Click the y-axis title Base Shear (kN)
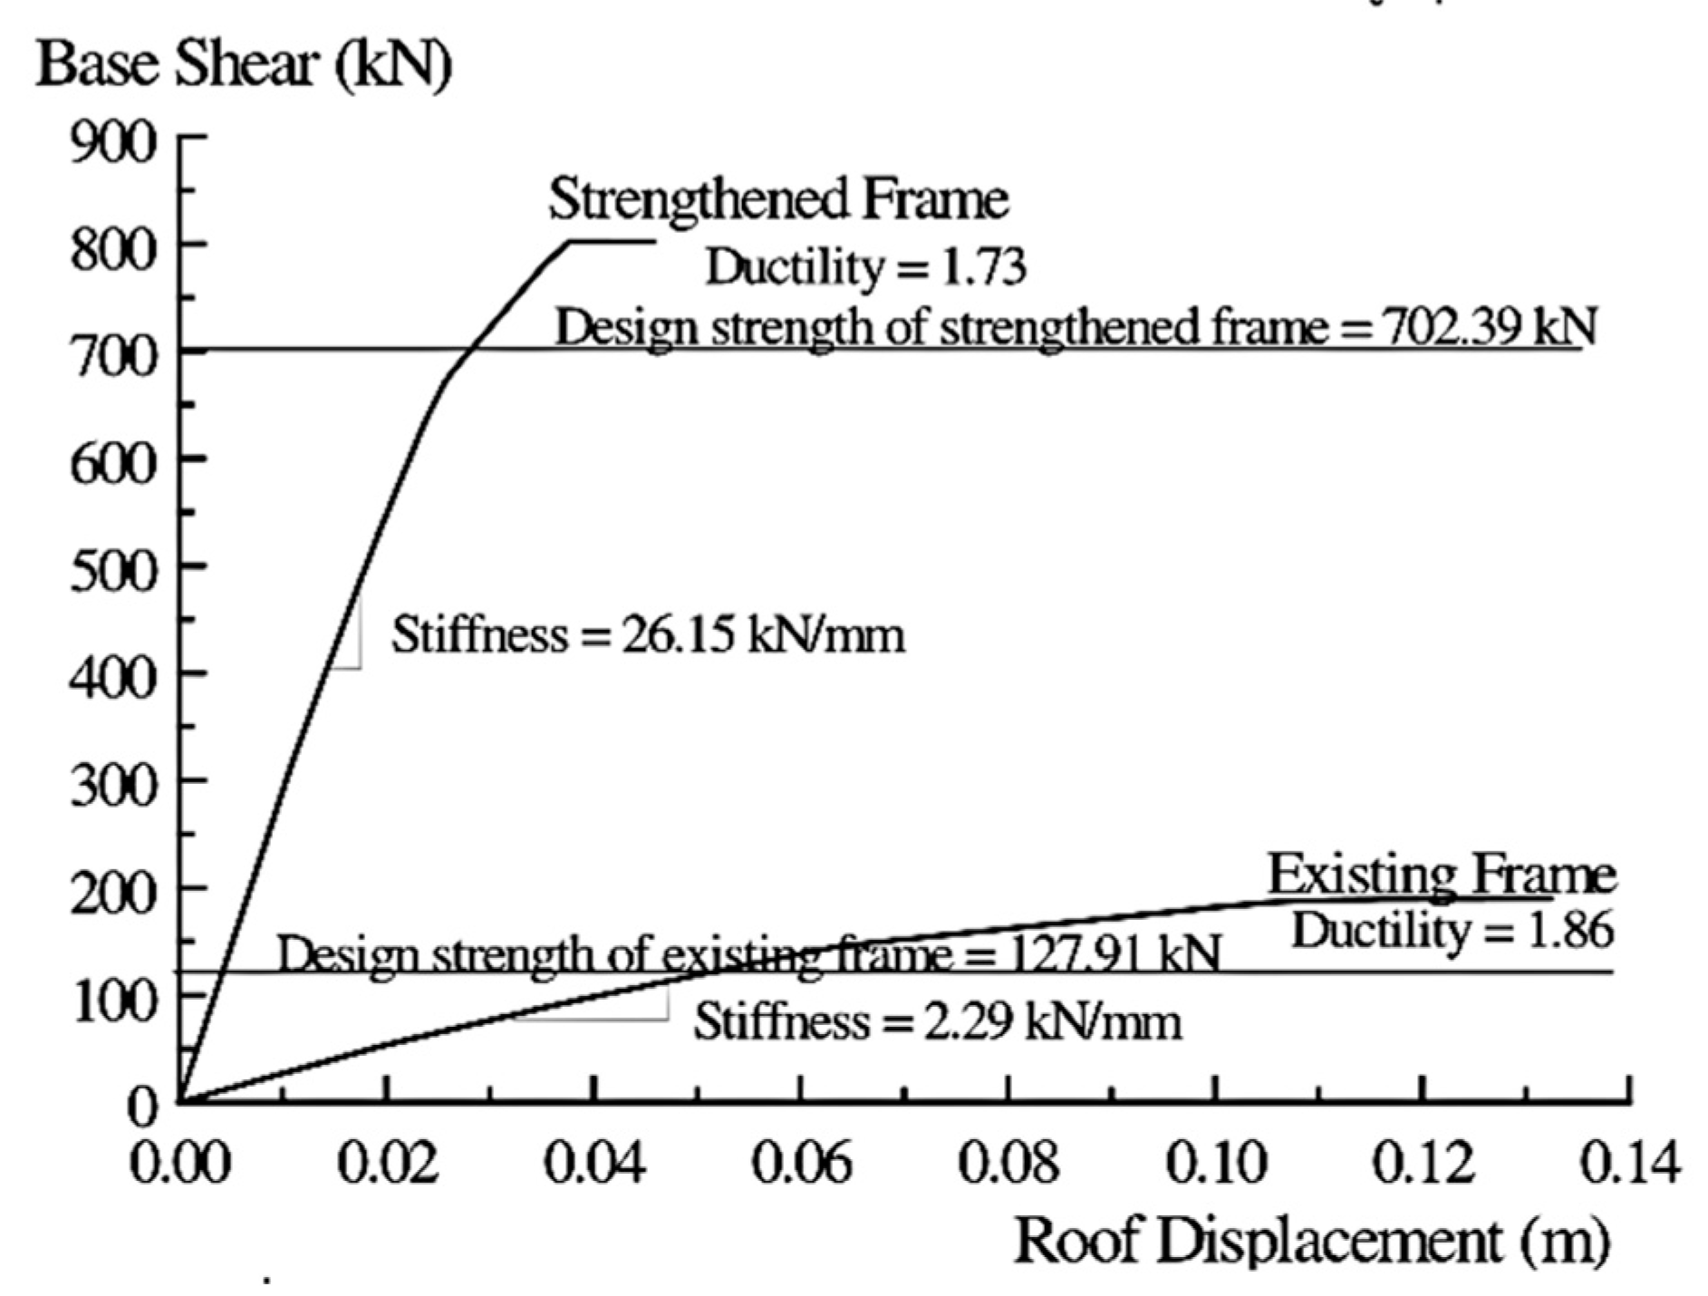[243, 65]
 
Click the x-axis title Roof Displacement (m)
[1311, 1240]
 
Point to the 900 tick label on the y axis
[113, 142]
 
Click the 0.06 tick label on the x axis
[801, 1162]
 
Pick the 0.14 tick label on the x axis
[1629, 1162]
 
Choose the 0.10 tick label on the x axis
[1215, 1162]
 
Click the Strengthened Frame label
[777, 198]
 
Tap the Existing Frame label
[1441, 875]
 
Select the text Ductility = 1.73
[865, 266]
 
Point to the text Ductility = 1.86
[1452, 931]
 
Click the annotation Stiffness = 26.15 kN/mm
[648, 634]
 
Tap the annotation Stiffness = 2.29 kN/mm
[937, 1022]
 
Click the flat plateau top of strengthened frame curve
[613, 240]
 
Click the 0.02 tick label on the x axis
[388, 1162]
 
